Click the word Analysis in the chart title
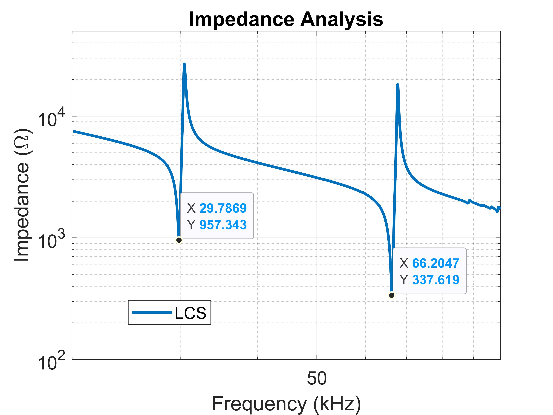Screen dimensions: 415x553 point(341,19)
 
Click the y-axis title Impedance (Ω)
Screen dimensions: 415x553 point(22,195)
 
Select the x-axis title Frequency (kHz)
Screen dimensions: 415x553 point(286,403)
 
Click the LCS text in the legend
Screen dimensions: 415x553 point(191,313)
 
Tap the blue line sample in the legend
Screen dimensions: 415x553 point(152,312)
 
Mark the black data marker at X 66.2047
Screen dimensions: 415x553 point(392,295)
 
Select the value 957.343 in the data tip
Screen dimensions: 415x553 point(223,225)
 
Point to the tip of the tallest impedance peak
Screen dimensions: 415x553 point(184,64)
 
